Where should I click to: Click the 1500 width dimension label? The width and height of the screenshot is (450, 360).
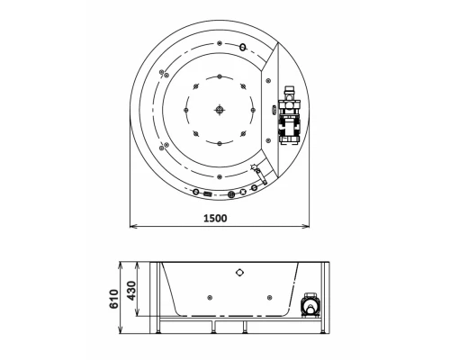(214, 217)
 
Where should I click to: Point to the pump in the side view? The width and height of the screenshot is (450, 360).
(311, 307)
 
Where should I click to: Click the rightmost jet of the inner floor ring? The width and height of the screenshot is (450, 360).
(257, 110)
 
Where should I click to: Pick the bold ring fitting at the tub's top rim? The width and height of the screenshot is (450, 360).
(243, 47)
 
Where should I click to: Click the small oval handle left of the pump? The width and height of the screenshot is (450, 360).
(274, 110)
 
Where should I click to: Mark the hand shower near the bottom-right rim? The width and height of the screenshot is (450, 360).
(256, 171)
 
